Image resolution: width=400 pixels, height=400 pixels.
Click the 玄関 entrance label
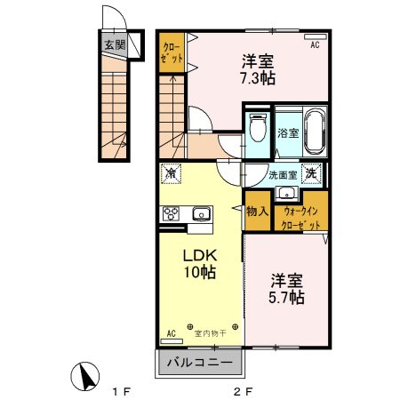pos(114,44)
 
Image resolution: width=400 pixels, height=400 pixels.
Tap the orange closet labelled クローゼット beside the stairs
pos(171,52)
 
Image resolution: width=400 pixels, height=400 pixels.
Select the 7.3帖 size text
pos(257,77)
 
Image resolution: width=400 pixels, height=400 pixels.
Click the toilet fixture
pos(257,130)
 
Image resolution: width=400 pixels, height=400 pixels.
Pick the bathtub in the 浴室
pos(313,132)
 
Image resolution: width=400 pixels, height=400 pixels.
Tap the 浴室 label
pos(287,134)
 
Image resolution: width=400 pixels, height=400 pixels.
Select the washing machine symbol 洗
pos(311,174)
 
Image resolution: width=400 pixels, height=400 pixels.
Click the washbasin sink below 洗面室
pos(286,194)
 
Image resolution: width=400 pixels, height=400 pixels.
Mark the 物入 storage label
pos(258,212)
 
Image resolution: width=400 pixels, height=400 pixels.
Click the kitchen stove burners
pos(171,213)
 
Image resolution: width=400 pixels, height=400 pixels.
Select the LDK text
pos(201,254)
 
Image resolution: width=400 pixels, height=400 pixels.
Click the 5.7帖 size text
pos(288,296)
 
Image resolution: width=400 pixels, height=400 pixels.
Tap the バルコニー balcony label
pos(202,363)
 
